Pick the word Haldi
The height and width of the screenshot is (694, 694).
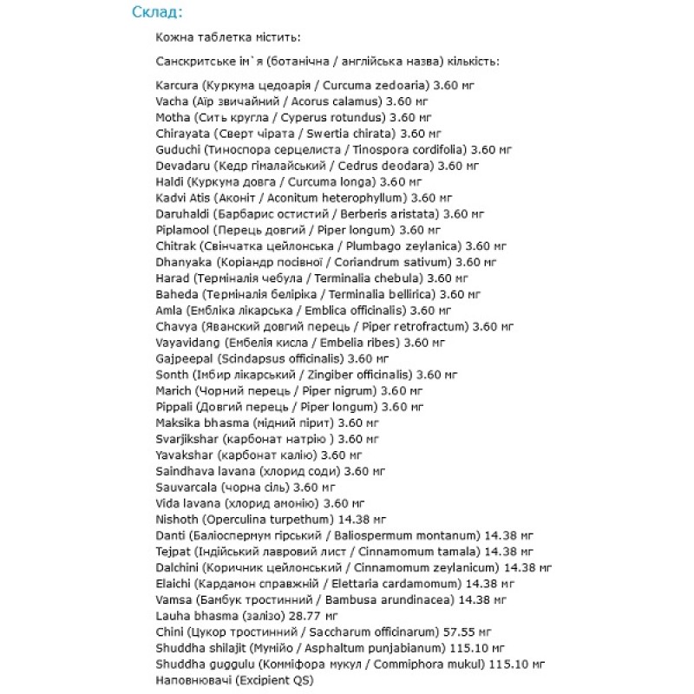(170, 181)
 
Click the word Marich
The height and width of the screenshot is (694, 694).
(173, 390)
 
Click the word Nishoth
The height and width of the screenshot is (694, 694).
(176, 519)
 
